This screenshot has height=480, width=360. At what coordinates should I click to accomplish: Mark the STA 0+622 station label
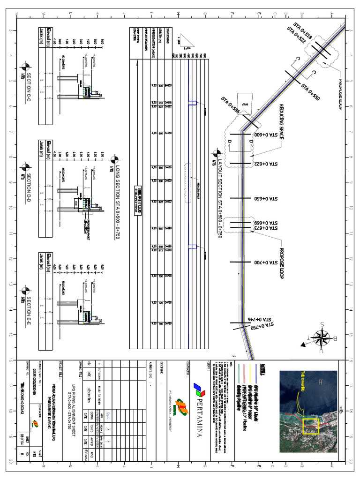click(x=266, y=165)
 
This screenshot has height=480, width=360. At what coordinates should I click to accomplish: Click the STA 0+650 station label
click(x=266, y=199)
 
